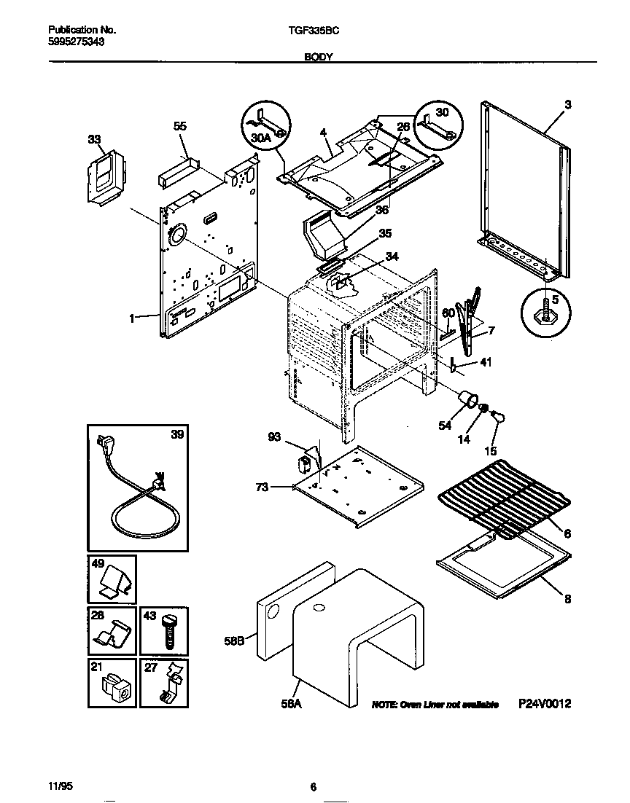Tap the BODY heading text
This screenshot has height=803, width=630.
tap(319, 56)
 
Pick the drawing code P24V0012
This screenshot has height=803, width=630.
tap(545, 704)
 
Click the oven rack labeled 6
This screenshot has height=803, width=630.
tap(503, 503)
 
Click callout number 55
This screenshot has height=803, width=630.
tap(180, 126)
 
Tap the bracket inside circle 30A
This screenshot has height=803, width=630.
tap(266, 120)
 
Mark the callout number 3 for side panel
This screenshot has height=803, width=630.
tap(567, 105)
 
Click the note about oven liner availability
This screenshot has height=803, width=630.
tap(435, 705)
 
